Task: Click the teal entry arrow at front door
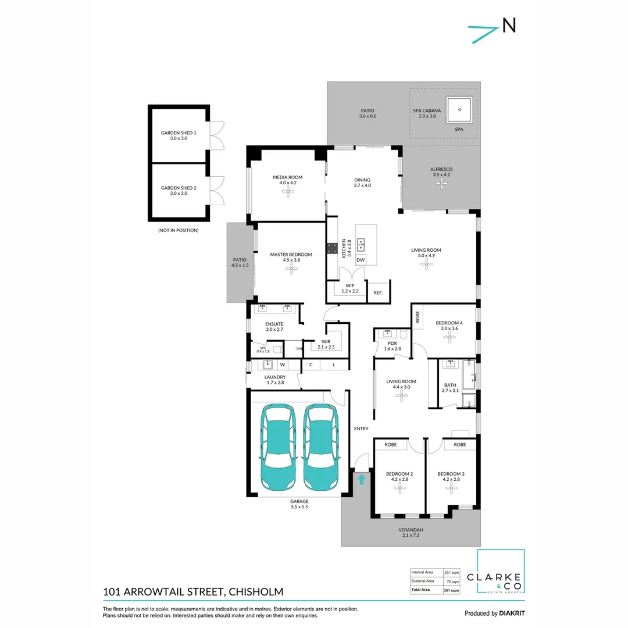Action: click(x=362, y=479)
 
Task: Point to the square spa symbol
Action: click(x=459, y=109)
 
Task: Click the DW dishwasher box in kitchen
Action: click(x=361, y=260)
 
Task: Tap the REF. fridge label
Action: click(x=378, y=292)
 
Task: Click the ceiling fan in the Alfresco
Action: click(x=443, y=184)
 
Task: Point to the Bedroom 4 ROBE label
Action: click(x=418, y=317)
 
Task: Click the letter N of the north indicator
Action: click(x=509, y=25)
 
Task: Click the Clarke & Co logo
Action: click(x=501, y=573)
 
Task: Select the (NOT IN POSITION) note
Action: click(x=178, y=230)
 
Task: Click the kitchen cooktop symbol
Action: click(x=333, y=248)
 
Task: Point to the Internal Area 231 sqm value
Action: click(x=451, y=572)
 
